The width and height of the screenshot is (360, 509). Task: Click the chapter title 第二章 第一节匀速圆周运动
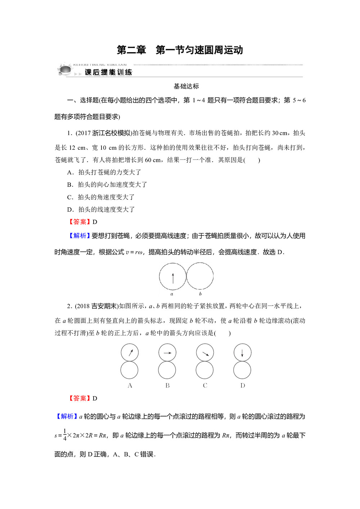(180, 50)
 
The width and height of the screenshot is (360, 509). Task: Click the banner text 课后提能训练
(108, 72)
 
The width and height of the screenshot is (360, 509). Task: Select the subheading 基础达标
(186, 86)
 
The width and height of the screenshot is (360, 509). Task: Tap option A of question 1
(104, 172)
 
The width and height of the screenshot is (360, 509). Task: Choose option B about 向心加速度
(107, 185)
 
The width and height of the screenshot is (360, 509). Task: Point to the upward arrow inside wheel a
(173, 278)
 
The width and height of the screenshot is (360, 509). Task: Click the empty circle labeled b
(200, 276)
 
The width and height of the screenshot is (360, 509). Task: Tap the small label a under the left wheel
(172, 294)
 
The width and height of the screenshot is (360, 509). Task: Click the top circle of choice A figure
(130, 352)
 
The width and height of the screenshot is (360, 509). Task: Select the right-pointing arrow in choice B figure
(167, 353)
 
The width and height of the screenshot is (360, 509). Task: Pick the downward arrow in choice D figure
(242, 352)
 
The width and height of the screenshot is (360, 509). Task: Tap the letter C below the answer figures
(205, 386)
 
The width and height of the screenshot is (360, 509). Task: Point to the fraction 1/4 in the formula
(65, 435)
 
